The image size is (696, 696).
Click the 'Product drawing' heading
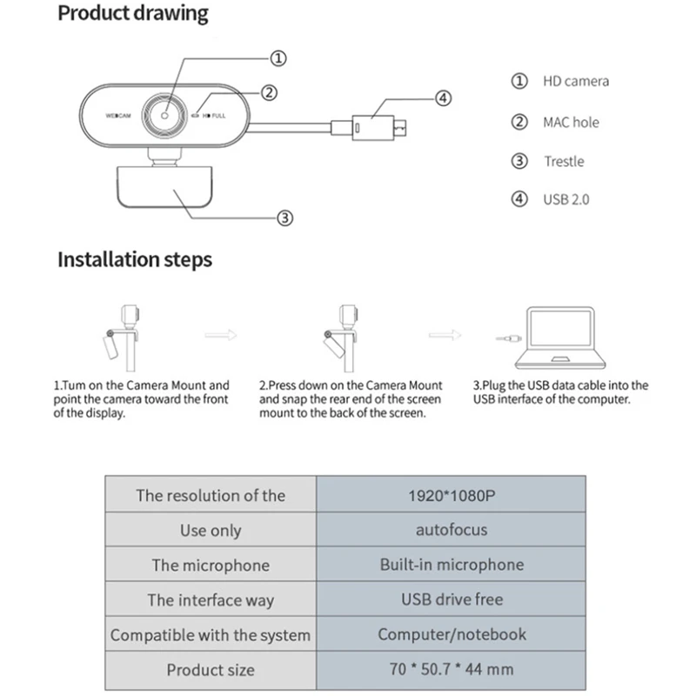133,13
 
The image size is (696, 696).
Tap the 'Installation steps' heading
135,259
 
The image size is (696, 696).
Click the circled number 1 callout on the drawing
278,58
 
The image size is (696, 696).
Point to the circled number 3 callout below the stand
285,218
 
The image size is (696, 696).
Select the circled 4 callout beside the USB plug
443,98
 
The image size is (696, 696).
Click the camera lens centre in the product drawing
164,116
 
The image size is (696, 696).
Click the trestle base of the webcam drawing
164,187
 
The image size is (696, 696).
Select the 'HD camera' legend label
576,81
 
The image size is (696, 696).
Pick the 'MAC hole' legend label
572,122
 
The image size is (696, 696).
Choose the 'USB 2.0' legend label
566,200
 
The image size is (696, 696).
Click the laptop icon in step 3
560,338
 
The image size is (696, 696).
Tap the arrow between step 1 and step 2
221,335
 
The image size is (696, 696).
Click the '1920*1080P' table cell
452,495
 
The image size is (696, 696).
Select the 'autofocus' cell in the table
452,530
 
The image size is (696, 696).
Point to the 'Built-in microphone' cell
452,565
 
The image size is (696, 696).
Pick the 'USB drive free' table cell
452,599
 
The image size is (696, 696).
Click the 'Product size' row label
211,670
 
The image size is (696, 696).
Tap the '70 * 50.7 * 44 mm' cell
452,669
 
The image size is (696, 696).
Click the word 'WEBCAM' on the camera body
118,116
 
